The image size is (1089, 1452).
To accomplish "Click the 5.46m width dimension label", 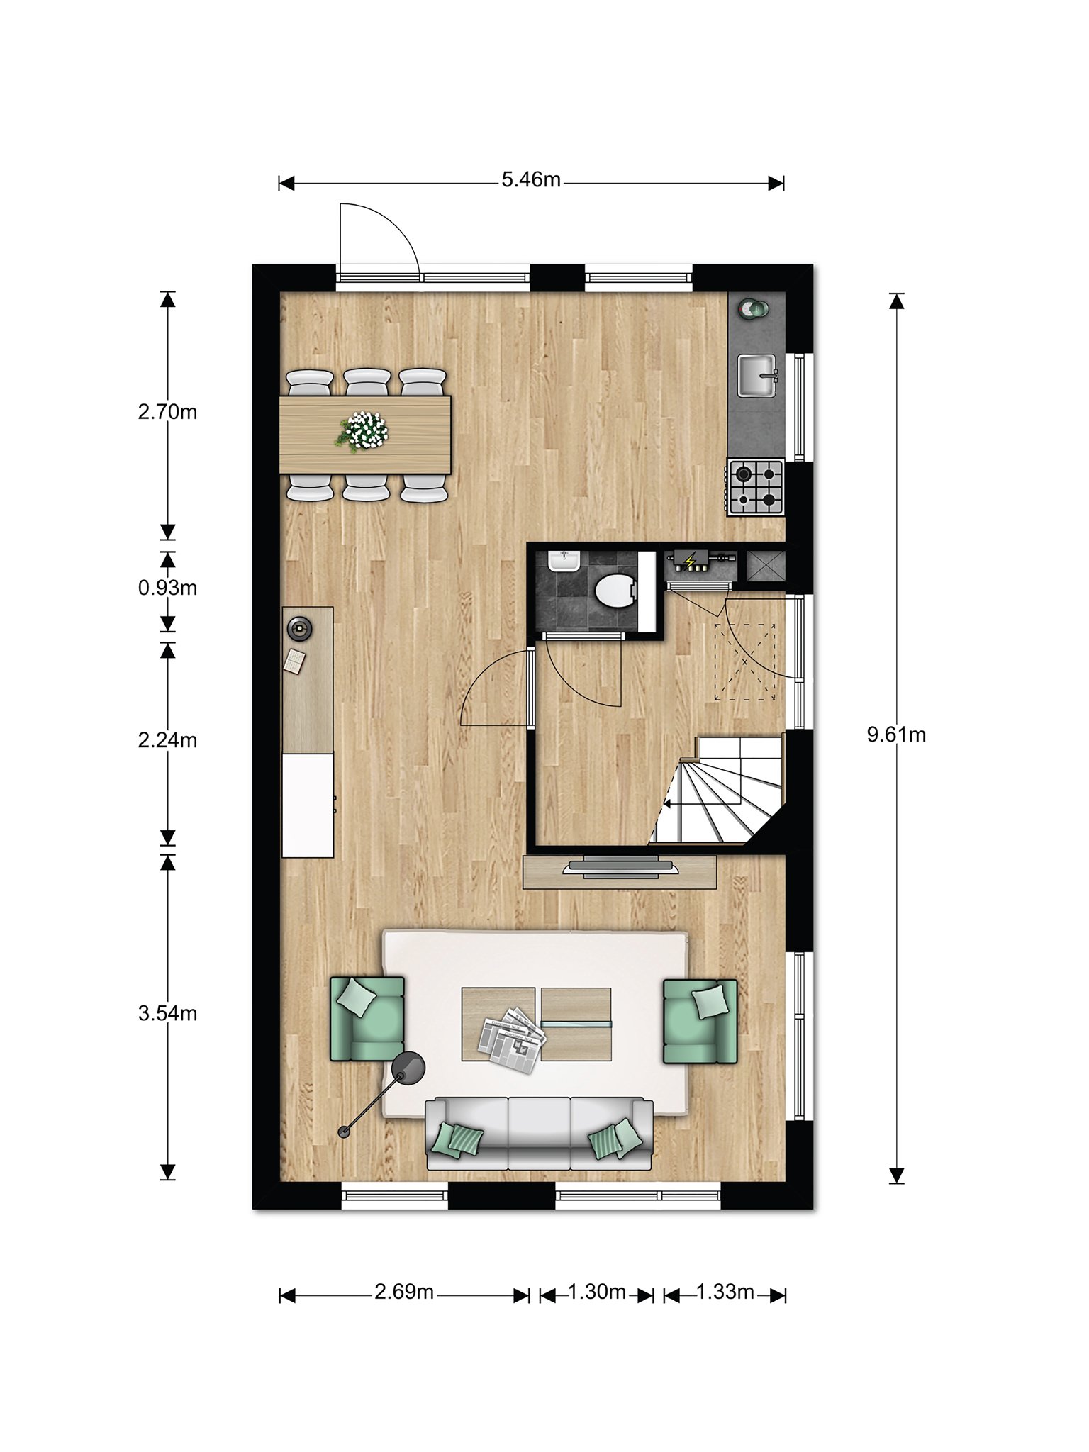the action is pyautogui.click(x=531, y=180).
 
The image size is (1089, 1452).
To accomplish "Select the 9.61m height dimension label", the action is pyautogui.click(x=896, y=735).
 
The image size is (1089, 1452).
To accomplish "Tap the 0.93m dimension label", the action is pyautogui.click(x=167, y=588).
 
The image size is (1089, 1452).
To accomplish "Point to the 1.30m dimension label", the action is pyautogui.click(x=596, y=1292).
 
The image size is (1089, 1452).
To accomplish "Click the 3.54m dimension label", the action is pyautogui.click(x=167, y=1013).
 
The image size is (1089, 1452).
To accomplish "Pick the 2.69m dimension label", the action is pyautogui.click(x=404, y=1292).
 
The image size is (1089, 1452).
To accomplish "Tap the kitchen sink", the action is pyautogui.click(x=758, y=376).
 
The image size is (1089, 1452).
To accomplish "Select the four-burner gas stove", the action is pyautogui.click(x=756, y=487).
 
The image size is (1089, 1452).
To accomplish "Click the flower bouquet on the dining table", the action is pyautogui.click(x=362, y=430).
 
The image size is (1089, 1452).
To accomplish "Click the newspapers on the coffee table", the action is pyautogui.click(x=512, y=1039).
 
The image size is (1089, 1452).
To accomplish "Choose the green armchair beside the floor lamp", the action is pyautogui.click(x=367, y=1019).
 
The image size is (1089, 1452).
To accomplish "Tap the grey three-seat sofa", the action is pyautogui.click(x=539, y=1133).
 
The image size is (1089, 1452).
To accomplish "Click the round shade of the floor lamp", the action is pyautogui.click(x=409, y=1068).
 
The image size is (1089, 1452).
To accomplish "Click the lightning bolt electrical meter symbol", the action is pyautogui.click(x=689, y=562).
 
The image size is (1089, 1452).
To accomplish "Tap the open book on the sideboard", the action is pyautogui.click(x=294, y=661).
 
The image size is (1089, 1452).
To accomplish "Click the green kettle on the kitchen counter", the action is pyautogui.click(x=752, y=308).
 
